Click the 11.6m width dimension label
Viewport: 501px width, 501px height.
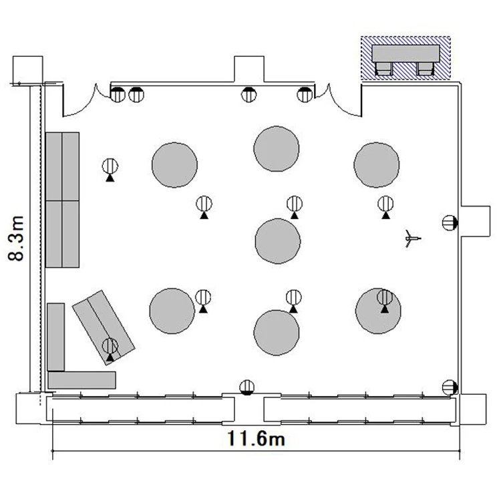pos(256,438)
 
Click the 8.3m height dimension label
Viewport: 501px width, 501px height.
pos(16,238)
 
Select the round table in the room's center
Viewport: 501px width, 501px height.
pos(278,241)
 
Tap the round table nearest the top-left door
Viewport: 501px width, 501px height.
pos(174,165)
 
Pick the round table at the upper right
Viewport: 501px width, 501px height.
pos(376,165)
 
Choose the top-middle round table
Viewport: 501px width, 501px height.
pos(277,148)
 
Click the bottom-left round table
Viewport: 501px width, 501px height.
pos(172,311)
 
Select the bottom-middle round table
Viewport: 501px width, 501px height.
pos(277,333)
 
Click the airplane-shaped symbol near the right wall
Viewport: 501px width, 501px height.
pos(412,238)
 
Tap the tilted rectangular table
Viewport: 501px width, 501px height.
pos(104,327)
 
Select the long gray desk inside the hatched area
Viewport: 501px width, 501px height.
pos(405,53)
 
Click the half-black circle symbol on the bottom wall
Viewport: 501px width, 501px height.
pos(247,387)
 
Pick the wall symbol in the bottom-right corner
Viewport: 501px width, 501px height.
pos(450,387)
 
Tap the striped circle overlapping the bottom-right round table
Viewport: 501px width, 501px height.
pos(385,297)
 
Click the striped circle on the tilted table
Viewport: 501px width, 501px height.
pos(110,346)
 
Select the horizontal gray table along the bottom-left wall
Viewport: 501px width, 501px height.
pos(81,380)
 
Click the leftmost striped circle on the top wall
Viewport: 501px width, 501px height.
pos(118,95)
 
